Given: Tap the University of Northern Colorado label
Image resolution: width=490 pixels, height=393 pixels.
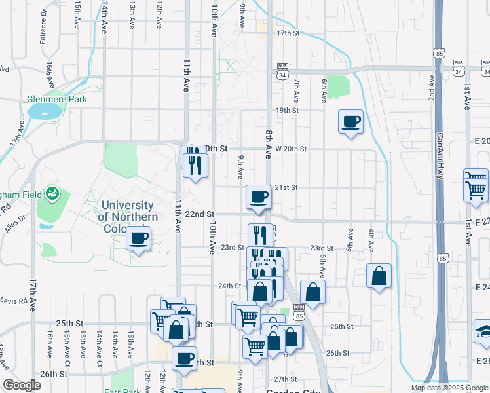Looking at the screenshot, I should [128, 217].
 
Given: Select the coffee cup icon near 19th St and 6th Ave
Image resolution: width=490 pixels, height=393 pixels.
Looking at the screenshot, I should [351, 121].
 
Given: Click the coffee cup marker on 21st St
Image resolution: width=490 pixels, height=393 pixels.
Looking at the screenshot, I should [259, 196].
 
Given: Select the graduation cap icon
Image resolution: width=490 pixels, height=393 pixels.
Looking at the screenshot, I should [483, 331].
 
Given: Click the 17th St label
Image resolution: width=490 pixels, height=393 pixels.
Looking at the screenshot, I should [288, 32].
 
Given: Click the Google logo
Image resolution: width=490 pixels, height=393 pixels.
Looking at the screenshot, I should [22, 385].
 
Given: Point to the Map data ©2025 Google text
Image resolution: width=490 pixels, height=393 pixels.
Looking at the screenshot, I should [449, 388].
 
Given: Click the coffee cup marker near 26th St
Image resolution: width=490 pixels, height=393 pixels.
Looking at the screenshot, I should [185, 358].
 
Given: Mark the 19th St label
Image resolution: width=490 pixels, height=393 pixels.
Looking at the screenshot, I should [287, 110].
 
